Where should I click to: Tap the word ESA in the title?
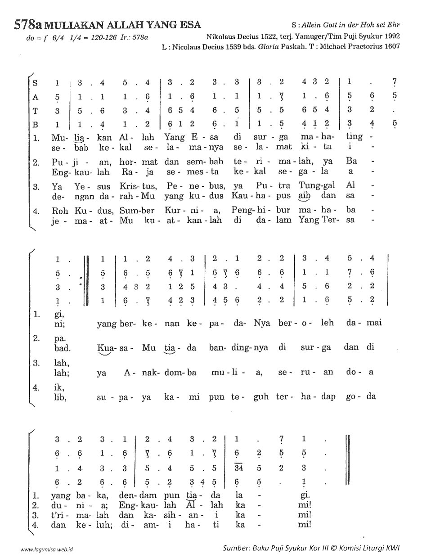(x=189, y=24)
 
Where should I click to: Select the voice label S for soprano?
(x=36, y=83)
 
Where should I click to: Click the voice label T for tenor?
(x=36, y=109)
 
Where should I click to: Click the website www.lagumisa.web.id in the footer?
(x=47, y=549)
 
